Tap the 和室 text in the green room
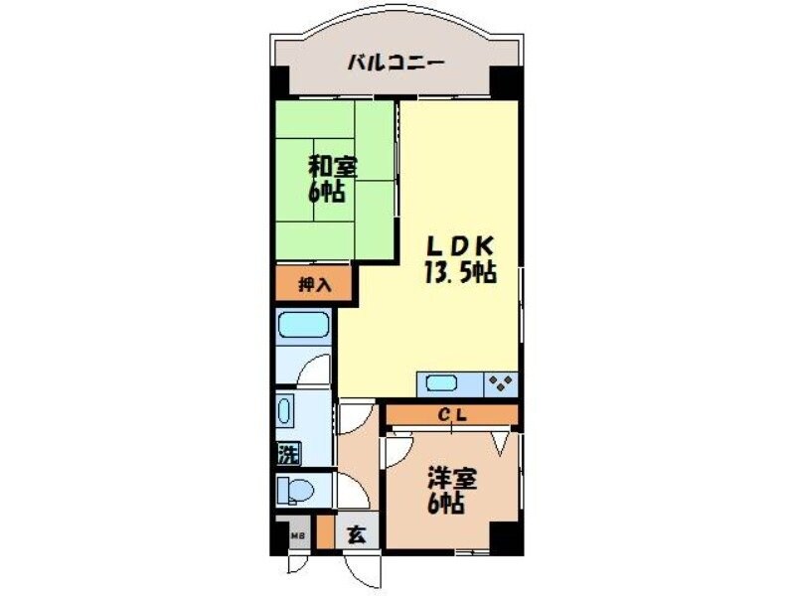(x=332, y=165)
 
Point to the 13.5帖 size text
(x=460, y=273)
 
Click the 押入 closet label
(x=313, y=285)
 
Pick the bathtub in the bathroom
(x=303, y=326)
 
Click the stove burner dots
(x=500, y=382)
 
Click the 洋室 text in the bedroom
(x=452, y=478)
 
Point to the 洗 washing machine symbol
(x=288, y=456)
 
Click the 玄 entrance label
(x=356, y=534)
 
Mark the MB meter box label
(x=296, y=536)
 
